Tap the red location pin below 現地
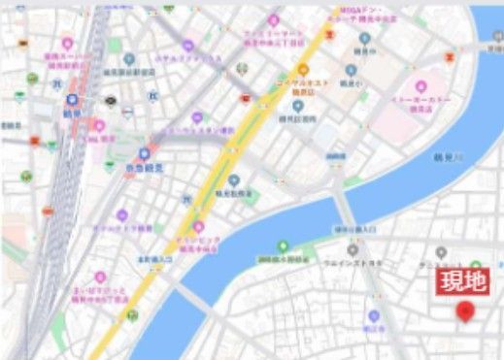point(464,310)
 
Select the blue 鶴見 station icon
point(73,100)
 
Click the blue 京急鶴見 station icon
point(145,153)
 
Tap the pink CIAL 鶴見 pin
point(98,125)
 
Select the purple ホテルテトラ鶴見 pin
point(122,215)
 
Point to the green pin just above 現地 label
point(476,265)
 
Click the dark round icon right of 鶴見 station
point(109,100)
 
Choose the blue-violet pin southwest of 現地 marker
point(374,316)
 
